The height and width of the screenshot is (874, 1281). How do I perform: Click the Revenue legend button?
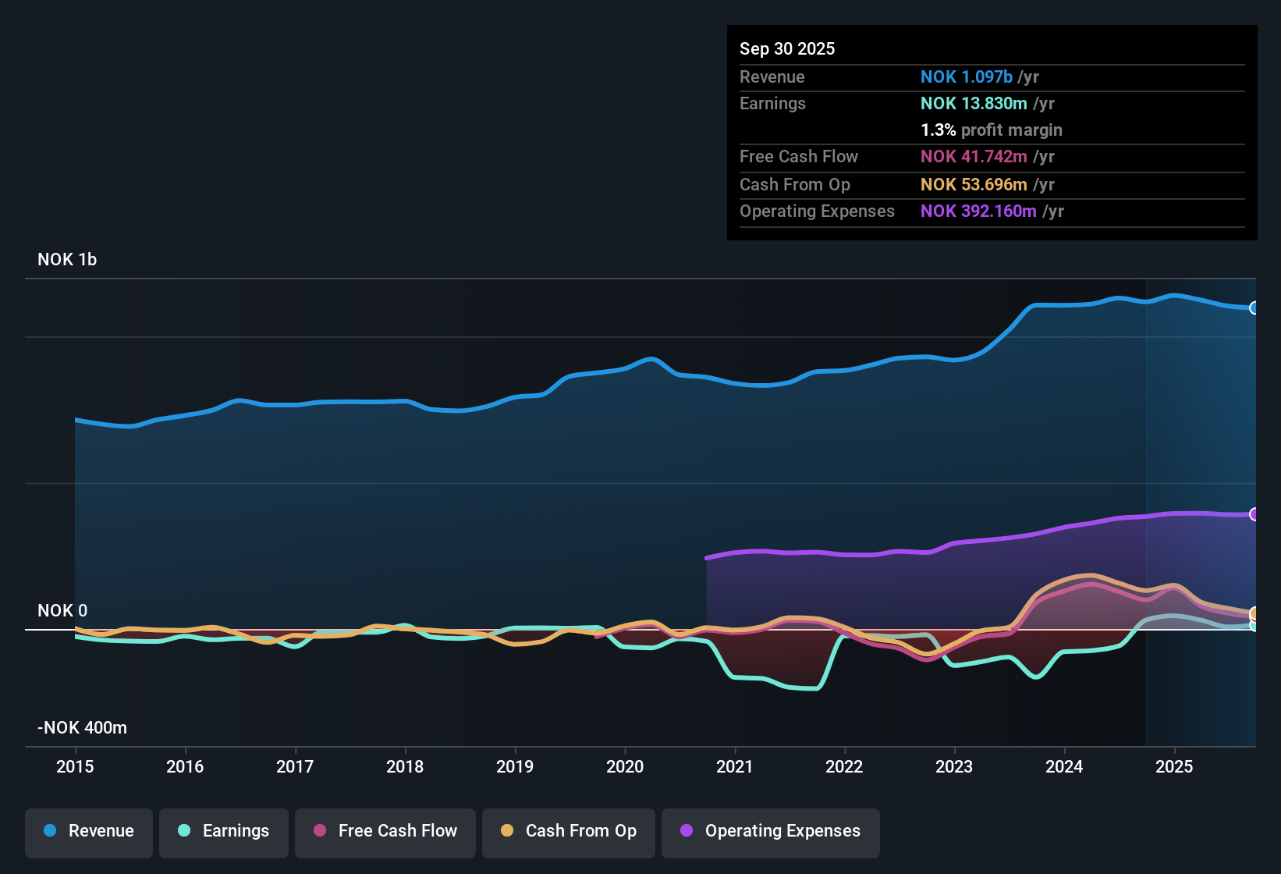pyautogui.click(x=89, y=831)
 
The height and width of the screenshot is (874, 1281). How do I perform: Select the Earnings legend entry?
pyautogui.click(x=224, y=831)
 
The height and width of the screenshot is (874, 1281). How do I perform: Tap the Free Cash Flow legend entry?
pyautogui.click(x=385, y=831)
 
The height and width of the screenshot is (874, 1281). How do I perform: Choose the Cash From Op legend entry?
pyautogui.click(x=569, y=831)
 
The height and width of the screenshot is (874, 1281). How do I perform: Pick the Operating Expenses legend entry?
pyautogui.click(x=771, y=831)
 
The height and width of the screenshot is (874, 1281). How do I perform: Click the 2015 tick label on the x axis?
pyautogui.click(x=75, y=766)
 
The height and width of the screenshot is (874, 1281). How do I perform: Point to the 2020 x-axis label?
pyautogui.click(x=625, y=766)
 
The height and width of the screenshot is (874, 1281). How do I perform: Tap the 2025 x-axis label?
pyautogui.click(x=1174, y=766)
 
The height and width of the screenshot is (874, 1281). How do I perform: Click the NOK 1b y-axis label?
pyautogui.click(x=67, y=260)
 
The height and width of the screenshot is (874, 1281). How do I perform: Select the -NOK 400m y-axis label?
pyautogui.click(x=82, y=728)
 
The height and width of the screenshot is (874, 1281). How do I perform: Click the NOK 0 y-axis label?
pyautogui.click(x=62, y=611)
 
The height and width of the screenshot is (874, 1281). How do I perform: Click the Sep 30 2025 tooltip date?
pyautogui.click(x=787, y=48)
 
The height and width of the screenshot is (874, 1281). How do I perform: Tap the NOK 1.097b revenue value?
pyautogui.click(x=967, y=76)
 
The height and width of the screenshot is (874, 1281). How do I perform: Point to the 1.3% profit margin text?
pyautogui.click(x=992, y=130)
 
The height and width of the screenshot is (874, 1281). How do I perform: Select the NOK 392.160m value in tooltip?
pyautogui.click(x=978, y=211)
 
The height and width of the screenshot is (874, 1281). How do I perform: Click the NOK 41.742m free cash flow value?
pyautogui.click(x=974, y=157)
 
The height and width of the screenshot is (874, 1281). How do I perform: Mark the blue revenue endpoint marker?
pyautogui.click(x=1254, y=308)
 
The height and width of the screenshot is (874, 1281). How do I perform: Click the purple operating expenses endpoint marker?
pyautogui.click(x=1254, y=514)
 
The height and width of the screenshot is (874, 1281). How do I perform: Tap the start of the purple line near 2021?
pyautogui.click(x=708, y=558)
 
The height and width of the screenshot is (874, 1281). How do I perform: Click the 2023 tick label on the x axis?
pyautogui.click(x=954, y=766)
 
